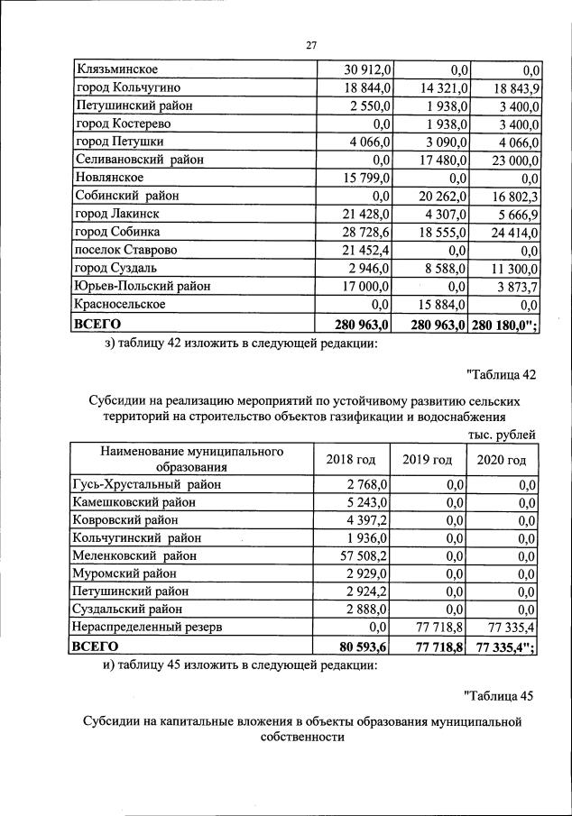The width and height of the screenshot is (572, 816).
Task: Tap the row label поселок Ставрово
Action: pos(126,250)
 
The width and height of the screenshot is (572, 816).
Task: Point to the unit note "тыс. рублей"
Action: pos(503,435)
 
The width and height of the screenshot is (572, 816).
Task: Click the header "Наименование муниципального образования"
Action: pos(191,459)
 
